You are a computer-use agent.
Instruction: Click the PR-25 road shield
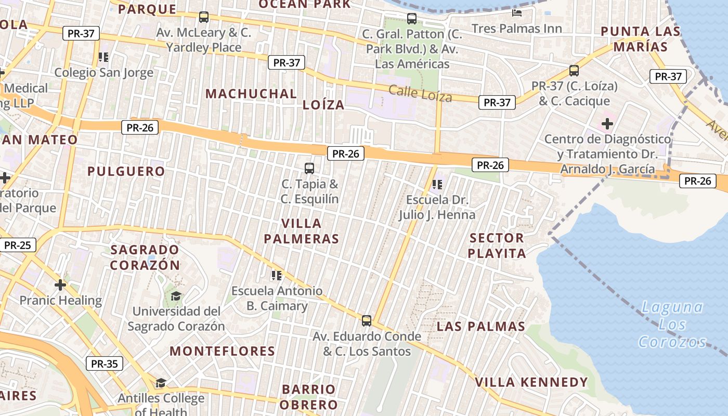pyautogui.click(x=17, y=245)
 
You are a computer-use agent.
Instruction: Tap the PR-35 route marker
pyautogui.click(x=105, y=363)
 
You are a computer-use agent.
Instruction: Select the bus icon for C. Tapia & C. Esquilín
pyautogui.click(x=309, y=168)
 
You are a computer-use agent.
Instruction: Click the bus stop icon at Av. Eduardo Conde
pyautogui.click(x=367, y=320)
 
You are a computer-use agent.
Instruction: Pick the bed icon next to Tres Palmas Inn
pyautogui.click(x=517, y=12)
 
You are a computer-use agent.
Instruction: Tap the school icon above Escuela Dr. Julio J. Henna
pyautogui.click(x=437, y=184)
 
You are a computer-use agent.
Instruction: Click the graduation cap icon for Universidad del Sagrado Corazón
pyautogui.click(x=176, y=296)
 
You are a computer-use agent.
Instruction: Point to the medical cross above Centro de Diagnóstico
pyautogui.click(x=607, y=124)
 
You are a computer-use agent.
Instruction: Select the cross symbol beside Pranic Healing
pyautogui.click(x=60, y=285)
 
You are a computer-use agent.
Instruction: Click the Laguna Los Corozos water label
pyautogui.click(x=672, y=324)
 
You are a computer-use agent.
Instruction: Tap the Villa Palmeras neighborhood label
pyautogui.click(x=301, y=231)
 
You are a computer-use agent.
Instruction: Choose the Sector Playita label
pyautogui.click(x=497, y=245)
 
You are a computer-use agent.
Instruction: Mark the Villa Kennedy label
pyautogui.click(x=531, y=382)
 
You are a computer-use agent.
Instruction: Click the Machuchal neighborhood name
pyautogui.click(x=251, y=94)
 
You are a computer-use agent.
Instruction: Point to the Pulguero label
pyautogui.click(x=126, y=171)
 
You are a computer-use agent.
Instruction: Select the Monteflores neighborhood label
pyautogui.click(x=222, y=351)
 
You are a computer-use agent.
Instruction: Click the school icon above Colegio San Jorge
pyautogui.click(x=103, y=57)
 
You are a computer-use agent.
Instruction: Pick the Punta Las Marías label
pyautogui.click(x=640, y=39)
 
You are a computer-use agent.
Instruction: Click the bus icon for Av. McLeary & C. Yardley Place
pyautogui.click(x=204, y=17)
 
